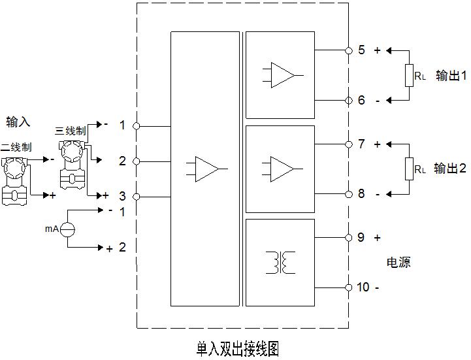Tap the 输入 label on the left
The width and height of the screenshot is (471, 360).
point(18,122)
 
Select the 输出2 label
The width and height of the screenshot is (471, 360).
point(450,169)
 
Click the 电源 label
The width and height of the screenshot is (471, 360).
point(399,263)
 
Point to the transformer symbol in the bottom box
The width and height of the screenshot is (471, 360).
point(279,262)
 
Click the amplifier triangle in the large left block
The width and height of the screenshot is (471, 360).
point(206,168)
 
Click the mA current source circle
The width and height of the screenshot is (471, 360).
point(69,229)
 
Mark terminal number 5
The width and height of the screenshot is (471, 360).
point(362,50)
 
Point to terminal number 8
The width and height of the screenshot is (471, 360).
point(362,194)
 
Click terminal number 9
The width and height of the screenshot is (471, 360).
point(362,238)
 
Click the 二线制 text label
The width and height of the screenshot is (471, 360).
point(16,147)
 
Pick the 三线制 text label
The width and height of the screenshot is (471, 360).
point(71,131)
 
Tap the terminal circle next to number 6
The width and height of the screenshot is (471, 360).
point(348,100)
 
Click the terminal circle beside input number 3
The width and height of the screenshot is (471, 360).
point(137,196)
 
